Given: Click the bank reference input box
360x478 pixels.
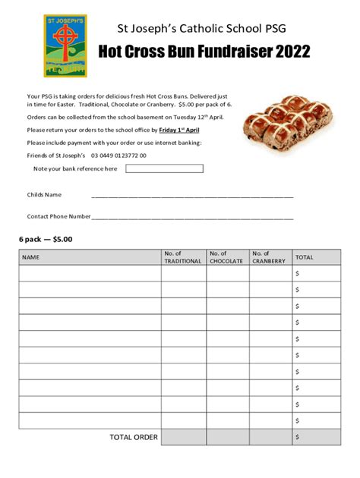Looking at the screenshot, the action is coord(164,168).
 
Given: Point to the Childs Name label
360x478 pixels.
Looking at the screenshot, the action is coord(44,195).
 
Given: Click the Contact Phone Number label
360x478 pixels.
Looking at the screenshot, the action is coord(58,216).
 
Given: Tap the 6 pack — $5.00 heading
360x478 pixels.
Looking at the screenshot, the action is coord(46,239).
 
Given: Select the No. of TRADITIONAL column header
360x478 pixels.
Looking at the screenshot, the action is coord(182,257).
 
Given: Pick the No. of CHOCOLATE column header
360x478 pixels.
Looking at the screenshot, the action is coord(226,257).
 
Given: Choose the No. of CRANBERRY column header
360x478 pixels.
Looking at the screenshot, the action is coord(269,257).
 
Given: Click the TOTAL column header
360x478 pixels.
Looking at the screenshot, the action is coord(304,257).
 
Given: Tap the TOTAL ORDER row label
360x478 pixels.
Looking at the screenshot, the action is coord(134,437).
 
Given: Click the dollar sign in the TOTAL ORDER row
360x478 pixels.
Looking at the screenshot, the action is coord(298,437).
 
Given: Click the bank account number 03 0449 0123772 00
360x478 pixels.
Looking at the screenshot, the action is coord(118,155).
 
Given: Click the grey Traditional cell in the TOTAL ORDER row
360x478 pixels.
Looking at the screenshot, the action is coord(183,437).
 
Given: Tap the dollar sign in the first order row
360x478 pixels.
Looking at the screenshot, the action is coord(298,273).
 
